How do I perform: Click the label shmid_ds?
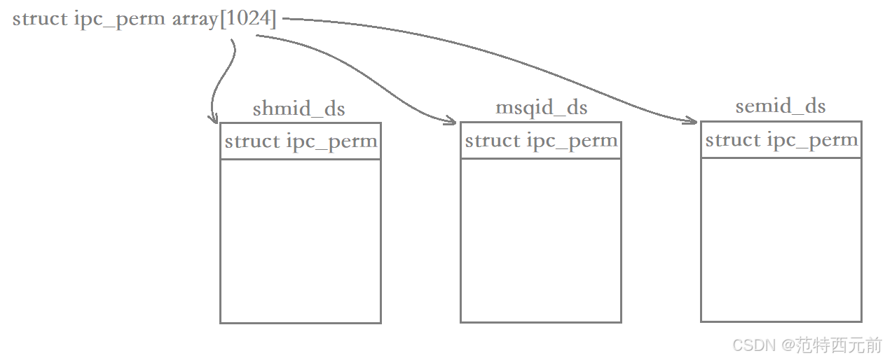[299, 109]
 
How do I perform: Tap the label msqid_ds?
[541, 108]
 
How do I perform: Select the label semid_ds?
[780, 106]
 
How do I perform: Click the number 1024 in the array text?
[248, 19]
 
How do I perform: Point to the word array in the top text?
[195, 19]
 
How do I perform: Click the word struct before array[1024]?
[40, 19]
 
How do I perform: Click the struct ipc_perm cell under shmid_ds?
[301, 141]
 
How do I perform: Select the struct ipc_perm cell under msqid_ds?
[541, 141]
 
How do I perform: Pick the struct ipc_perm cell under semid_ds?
[781, 140]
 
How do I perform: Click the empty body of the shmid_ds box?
[301, 241]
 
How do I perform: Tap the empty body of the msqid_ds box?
[541, 240]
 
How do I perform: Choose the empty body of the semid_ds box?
[781, 240]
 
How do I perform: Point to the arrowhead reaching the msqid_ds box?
[451, 121]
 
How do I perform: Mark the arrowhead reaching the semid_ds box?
[691, 121]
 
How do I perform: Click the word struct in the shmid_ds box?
[252, 141]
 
